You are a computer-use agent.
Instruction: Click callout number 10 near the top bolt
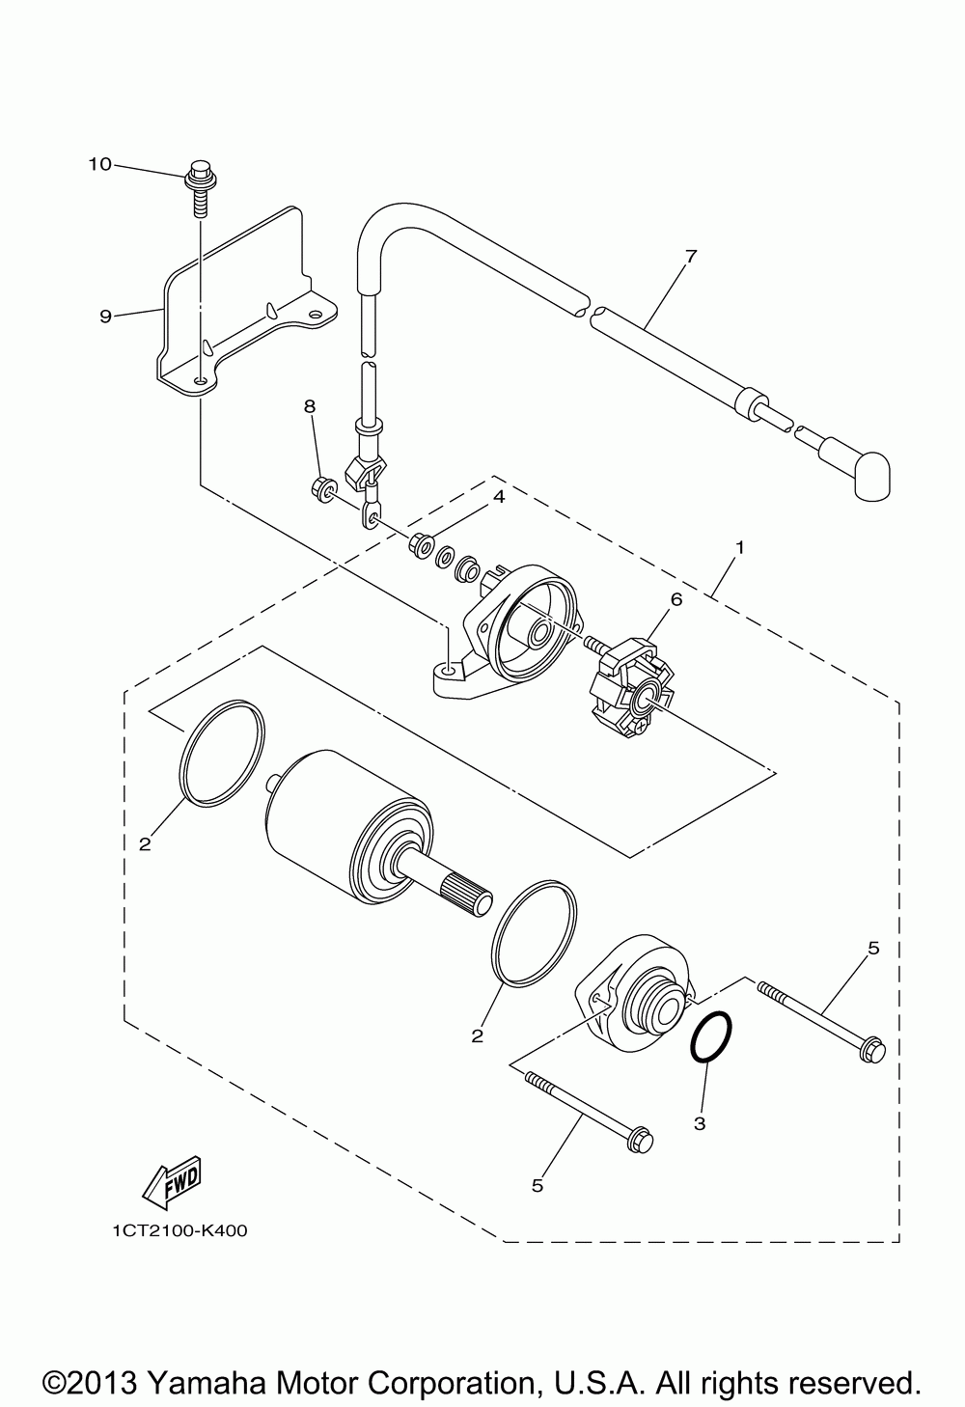(x=99, y=165)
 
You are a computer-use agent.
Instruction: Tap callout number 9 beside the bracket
(x=105, y=316)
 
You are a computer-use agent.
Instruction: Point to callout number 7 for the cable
(x=690, y=257)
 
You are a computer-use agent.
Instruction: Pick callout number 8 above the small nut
(x=310, y=406)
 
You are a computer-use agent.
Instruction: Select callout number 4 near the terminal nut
(x=498, y=496)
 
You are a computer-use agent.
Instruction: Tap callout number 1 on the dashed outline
(x=739, y=548)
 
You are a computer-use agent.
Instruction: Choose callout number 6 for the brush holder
(x=676, y=600)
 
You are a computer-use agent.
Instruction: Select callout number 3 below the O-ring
(x=700, y=1123)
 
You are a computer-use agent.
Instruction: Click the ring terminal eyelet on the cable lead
(x=372, y=518)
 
